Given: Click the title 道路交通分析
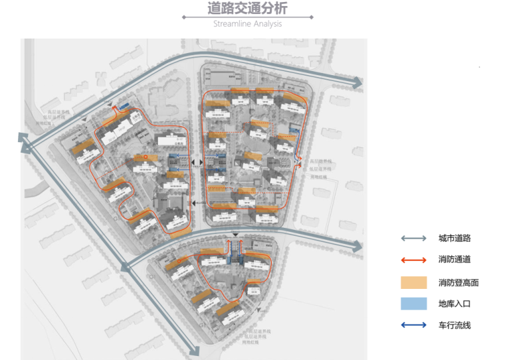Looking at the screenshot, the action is pyautogui.click(x=247, y=9).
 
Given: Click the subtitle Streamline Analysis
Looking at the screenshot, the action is pyautogui.click(x=247, y=24).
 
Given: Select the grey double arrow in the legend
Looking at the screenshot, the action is pyautogui.click(x=413, y=238).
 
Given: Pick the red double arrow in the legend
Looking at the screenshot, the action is pyautogui.click(x=413, y=260).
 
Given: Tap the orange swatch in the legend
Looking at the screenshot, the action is pyautogui.click(x=413, y=282).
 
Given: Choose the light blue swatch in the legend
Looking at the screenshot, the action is pyautogui.click(x=413, y=304).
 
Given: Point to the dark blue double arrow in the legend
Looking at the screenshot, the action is pyautogui.click(x=413, y=325).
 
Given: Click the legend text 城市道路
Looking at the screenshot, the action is pyautogui.click(x=454, y=238).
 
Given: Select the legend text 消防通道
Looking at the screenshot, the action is pyautogui.click(x=454, y=260).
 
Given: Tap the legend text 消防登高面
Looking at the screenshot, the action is pyautogui.click(x=458, y=282).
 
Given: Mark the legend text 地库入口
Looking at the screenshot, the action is pyautogui.click(x=454, y=304).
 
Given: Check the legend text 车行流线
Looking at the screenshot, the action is pyautogui.click(x=454, y=325).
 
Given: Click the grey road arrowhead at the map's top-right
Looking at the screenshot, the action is pyautogui.click(x=357, y=83).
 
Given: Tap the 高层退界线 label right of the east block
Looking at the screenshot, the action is pyautogui.click(x=320, y=161).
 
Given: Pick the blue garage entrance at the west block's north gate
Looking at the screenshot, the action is pyautogui.click(x=124, y=106).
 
